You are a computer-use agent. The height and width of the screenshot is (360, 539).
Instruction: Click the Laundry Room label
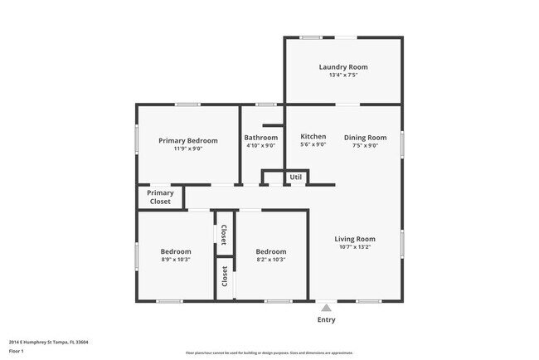point(343,66)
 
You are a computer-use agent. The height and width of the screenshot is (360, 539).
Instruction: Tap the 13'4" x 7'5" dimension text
point(343,75)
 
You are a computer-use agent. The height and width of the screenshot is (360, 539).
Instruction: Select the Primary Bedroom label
point(188,140)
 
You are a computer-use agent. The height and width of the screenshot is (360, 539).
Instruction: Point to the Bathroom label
point(260,137)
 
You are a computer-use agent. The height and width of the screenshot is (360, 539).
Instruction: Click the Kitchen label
point(313,136)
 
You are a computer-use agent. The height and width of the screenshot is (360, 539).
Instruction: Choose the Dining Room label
point(365,137)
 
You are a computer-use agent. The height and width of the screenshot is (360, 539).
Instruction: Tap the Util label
point(296,177)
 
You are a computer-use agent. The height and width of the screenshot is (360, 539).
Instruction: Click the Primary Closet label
point(161,197)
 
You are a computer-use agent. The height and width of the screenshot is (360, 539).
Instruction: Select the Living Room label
point(354,239)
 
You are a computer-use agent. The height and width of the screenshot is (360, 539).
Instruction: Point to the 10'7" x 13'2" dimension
point(354,247)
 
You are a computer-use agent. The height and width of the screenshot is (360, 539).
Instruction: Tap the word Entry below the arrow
point(327,319)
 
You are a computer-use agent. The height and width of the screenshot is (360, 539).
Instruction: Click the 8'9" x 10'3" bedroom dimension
point(176,260)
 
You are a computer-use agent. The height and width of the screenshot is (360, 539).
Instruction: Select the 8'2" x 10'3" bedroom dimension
point(270,260)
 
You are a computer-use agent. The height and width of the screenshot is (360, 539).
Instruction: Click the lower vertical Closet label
point(224,277)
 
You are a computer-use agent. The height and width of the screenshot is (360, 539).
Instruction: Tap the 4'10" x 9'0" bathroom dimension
point(260,145)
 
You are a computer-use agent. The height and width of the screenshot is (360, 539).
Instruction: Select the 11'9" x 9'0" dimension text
point(188,148)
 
